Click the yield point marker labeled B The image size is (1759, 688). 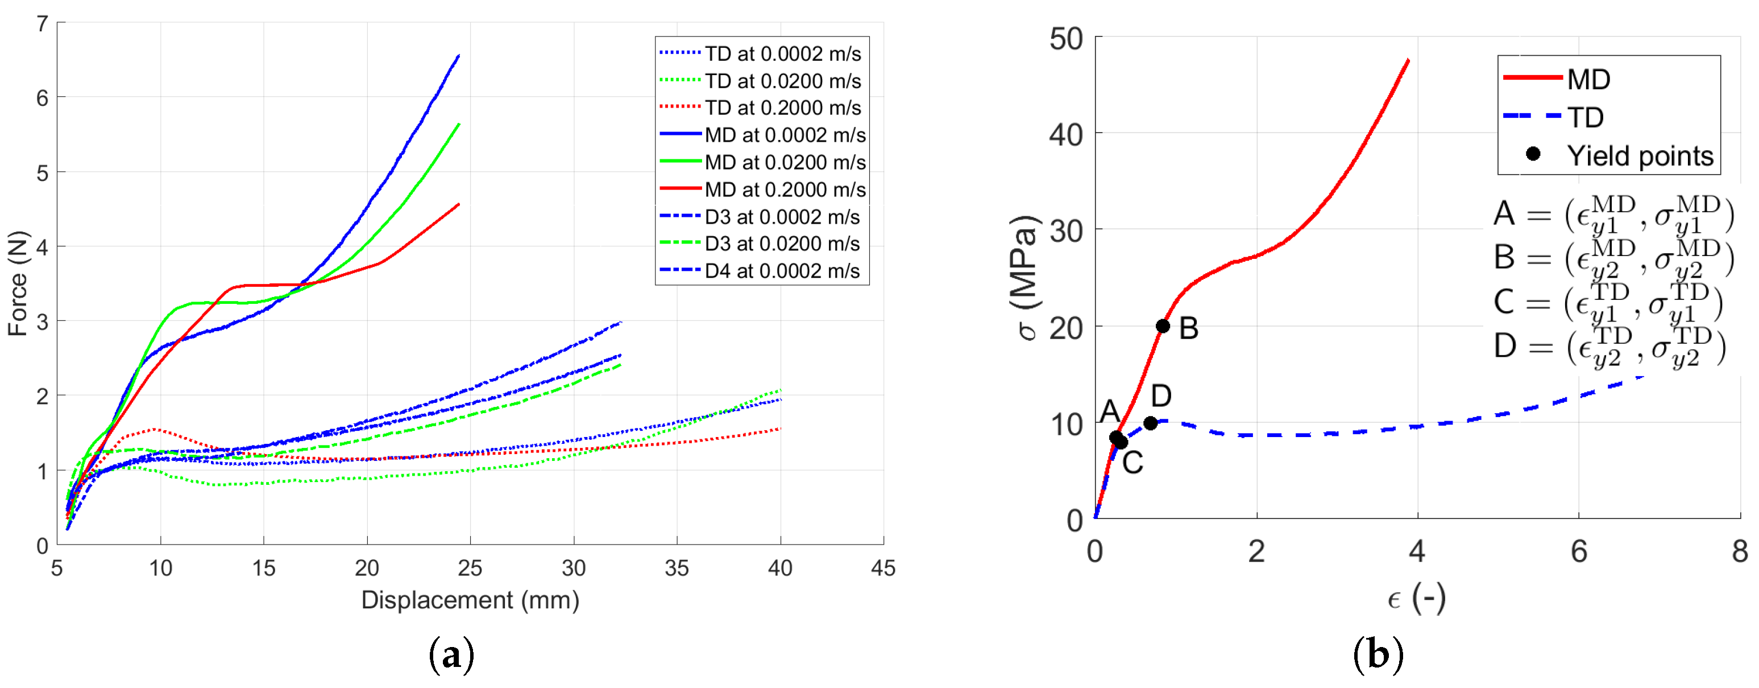[x=1162, y=326]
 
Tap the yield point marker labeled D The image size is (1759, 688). [x=1150, y=423]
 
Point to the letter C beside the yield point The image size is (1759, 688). [x=1132, y=463]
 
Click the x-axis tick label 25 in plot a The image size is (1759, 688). [x=470, y=568]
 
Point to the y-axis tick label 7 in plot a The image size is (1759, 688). [x=42, y=24]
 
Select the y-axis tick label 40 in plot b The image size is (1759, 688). [x=1066, y=135]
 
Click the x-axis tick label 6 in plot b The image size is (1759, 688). [x=1578, y=551]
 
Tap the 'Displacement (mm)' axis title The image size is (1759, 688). [x=470, y=600]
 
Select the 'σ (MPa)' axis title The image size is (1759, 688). [x=1024, y=277]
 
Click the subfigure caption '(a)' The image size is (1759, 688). [x=451, y=654]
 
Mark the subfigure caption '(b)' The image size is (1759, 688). [x=1378, y=654]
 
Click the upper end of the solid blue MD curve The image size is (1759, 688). [x=458, y=56]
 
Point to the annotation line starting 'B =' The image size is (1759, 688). [x=1612, y=258]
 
